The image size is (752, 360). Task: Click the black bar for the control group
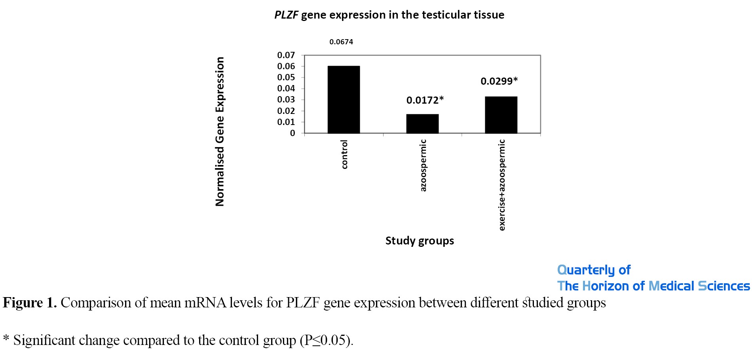(x=344, y=100)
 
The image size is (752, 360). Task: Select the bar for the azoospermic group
(x=422, y=124)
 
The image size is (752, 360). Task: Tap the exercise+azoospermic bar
(x=501, y=115)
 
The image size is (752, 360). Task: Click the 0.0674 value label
(x=341, y=42)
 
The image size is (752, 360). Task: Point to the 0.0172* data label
(x=425, y=100)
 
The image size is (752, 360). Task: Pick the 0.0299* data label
(x=499, y=81)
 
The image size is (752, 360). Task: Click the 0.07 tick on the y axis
(x=286, y=55)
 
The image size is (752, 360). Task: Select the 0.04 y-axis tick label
(x=286, y=89)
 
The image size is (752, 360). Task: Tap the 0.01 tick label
(x=286, y=122)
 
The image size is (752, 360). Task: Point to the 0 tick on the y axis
(x=292, y=133)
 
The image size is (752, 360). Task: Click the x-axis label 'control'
(x=344, y=154)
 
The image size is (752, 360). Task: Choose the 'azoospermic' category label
(x=423, y=165)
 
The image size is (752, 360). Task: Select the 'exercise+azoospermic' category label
(x=502, y=185)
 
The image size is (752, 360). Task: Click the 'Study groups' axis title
(x=420, y=241)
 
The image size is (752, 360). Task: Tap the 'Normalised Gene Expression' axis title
(x=220, y=132)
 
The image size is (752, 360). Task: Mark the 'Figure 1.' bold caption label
(x=30, y=303)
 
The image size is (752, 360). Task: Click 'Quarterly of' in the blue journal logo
(x=594, y=270)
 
